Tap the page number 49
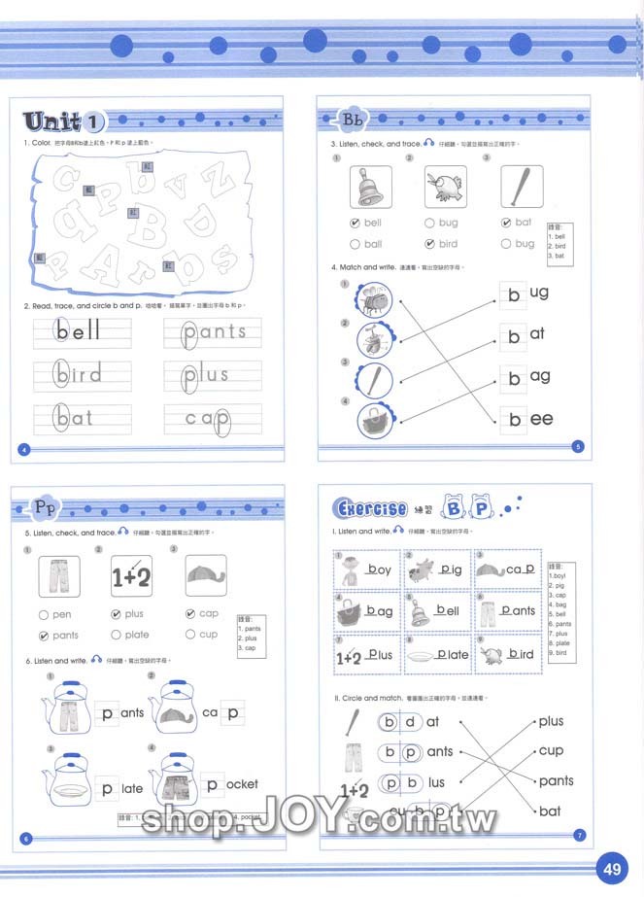click(612, 869)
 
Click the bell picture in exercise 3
click(370, 187)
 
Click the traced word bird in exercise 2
click(80, 374)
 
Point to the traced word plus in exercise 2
click(205, 374)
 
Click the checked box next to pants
click(43, 636)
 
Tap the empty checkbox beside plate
click(117, 635)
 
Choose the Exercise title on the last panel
click(370, 508)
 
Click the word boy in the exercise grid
click(378, 569)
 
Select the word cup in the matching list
click(551, 750)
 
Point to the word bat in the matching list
click(550, 811)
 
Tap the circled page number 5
click(578, 446)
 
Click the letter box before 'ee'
click(514, 419)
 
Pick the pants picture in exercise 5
click(57, 575)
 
